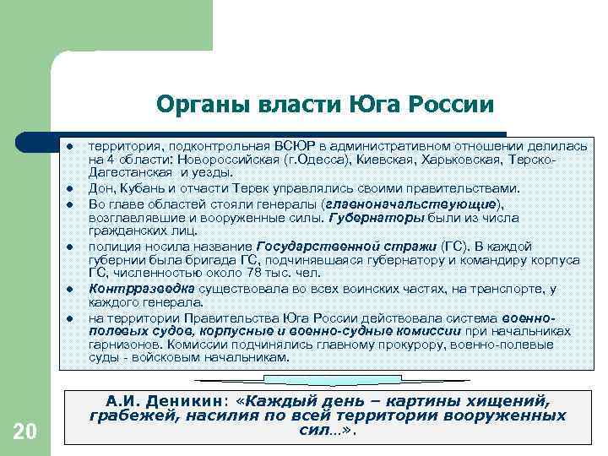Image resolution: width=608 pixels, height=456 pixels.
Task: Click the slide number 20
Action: point(25,432)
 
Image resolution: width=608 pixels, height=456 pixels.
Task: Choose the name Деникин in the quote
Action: point(188,399)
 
